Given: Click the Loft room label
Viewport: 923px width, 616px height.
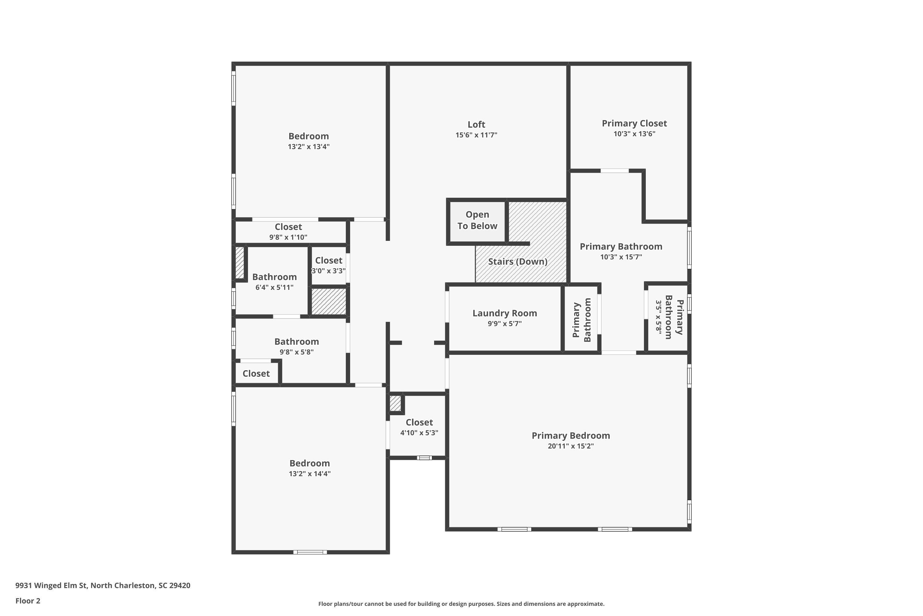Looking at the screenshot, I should [476, 124].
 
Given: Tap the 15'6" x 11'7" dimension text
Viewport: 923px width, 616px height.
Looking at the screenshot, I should [476, 135].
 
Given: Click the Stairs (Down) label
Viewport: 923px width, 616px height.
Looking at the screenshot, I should [517, 261].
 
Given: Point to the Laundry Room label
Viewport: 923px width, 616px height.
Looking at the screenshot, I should [504, 314].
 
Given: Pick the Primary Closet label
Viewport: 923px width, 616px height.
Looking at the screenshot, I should [634, 124].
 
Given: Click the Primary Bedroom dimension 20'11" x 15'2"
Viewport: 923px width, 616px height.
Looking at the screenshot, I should [571, 446].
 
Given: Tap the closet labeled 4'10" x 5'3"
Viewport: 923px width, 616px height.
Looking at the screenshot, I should [419, 428].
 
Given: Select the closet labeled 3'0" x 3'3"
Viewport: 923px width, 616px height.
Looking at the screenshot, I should [329, 265].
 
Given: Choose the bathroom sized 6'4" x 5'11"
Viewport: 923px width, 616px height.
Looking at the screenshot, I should [274, 282].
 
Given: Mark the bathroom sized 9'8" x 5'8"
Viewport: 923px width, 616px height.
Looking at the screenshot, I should [296, 346].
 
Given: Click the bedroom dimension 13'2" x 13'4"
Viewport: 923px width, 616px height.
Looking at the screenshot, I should [309, 147].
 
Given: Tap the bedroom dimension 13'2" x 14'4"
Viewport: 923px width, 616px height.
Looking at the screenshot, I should [310, 474].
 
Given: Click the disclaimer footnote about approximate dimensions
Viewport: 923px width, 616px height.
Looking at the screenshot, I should [461, 604].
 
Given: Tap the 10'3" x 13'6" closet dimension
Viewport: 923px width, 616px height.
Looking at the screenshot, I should [634, 134].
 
